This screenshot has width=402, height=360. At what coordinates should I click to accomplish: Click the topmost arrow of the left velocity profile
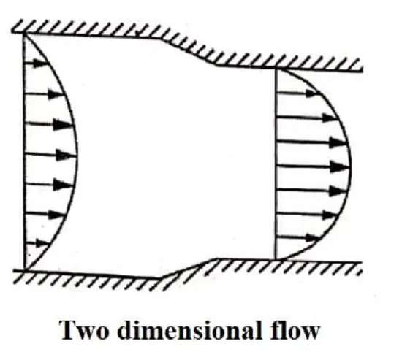coord(35,63)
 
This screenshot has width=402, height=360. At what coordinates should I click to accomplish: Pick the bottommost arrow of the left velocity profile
coord(37,243)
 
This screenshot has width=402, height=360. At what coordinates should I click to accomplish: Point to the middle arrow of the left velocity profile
coord(50,154)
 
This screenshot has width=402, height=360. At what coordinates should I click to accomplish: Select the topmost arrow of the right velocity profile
coord(297,93)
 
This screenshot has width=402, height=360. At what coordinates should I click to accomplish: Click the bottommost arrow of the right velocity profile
coord(297,237)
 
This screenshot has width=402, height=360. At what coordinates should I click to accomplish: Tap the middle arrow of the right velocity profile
coord(314,166)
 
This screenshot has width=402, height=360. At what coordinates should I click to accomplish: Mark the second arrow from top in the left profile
coord(44,94)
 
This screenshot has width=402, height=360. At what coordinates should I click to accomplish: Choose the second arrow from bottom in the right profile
coord(306,214)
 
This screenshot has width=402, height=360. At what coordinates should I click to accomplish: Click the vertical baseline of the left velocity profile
coord(24,151)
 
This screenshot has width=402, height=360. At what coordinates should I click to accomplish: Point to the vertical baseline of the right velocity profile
coord(276,164)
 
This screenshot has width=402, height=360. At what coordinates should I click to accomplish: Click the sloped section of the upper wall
coord(189,52)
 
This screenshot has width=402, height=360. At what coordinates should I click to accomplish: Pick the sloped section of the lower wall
coord(189,268)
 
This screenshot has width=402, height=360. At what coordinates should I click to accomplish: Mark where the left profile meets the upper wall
coord(24,34)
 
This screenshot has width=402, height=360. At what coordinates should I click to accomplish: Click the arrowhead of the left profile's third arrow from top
coord(63,125)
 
